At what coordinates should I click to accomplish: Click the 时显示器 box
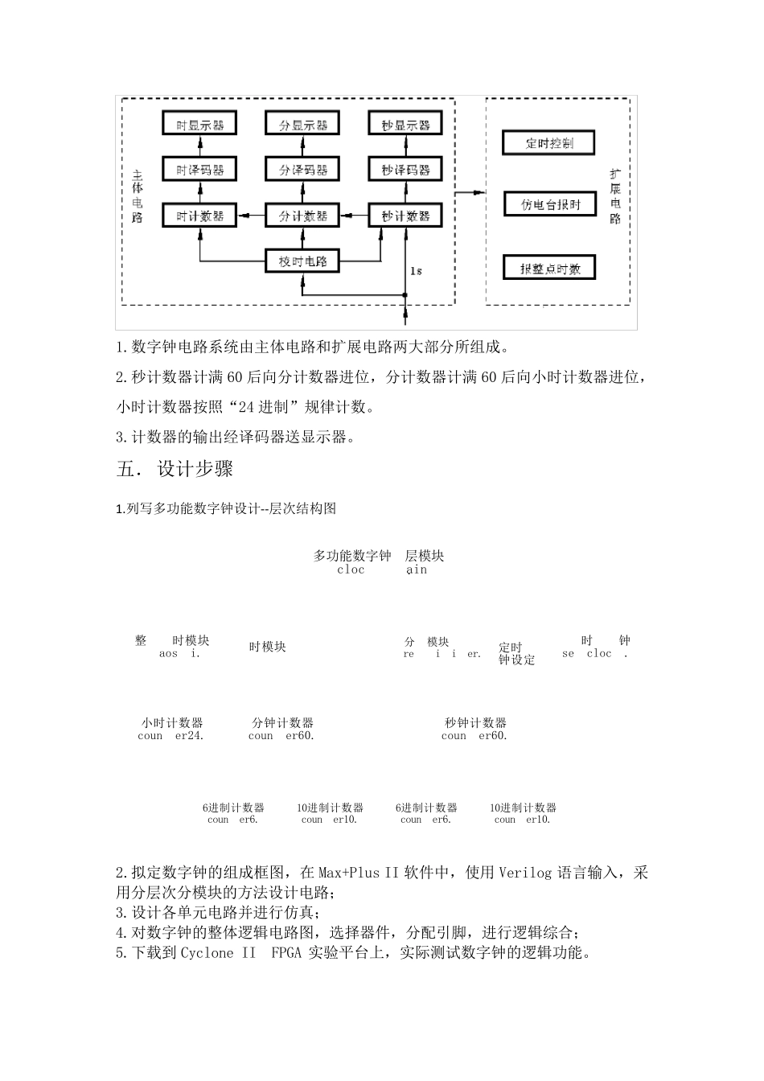pyautogui.click(x=199, y=124)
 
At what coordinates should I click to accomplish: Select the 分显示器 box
pyautogui.click(x=302, y=124)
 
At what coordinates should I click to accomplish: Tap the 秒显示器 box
pyautogui.click(x=405, y=124)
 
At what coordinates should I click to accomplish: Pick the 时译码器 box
pyautogui.click(x=199, y=170)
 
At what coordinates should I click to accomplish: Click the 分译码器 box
pyautogui.click(x=302, y=170)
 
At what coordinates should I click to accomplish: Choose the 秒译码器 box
pyautogui.click(x=405, y=170)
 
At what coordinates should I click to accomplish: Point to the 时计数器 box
pyautogui.click(x=199, y=216)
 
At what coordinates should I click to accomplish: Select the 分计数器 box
pyautogui.click(x=302, y=216)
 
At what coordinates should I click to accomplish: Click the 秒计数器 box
pyautogui.click(x=405, y=216)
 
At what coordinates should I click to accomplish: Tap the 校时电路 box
pyautogui.click(x=302, y=261)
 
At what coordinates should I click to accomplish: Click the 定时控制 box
pyautogui.click(x=549, y=143)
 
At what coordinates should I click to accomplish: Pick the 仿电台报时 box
pyautogui.click(x=549, y=204)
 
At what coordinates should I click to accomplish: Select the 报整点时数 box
pyautogui.click(x=549, y=268)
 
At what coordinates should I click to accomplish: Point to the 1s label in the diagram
pyautogui.click(x=416, y=271)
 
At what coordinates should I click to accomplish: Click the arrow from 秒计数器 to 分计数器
pyautogui.click(x=354, y=216)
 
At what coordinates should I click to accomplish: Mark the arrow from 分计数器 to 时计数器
pyautogui.click(x=251, y=216)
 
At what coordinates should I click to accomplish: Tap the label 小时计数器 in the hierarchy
pyautogui.click(x=172, y=723)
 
